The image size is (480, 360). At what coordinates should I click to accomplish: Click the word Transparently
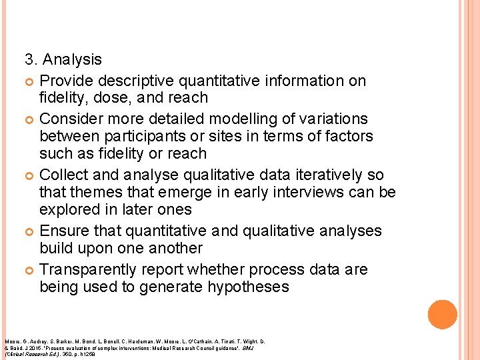coord(94,269)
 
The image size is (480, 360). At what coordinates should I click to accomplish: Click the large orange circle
coord(443,315)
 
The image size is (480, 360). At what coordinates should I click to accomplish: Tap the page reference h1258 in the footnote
coord(87,353)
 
